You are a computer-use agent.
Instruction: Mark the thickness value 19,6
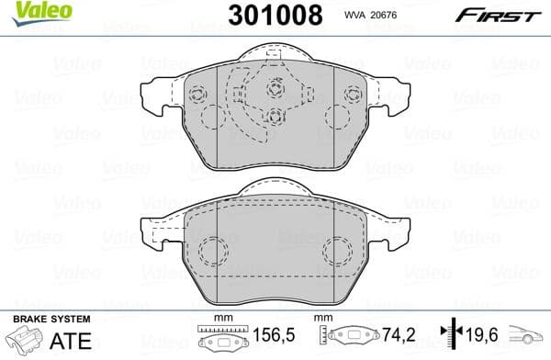click(x=475, y=338)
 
